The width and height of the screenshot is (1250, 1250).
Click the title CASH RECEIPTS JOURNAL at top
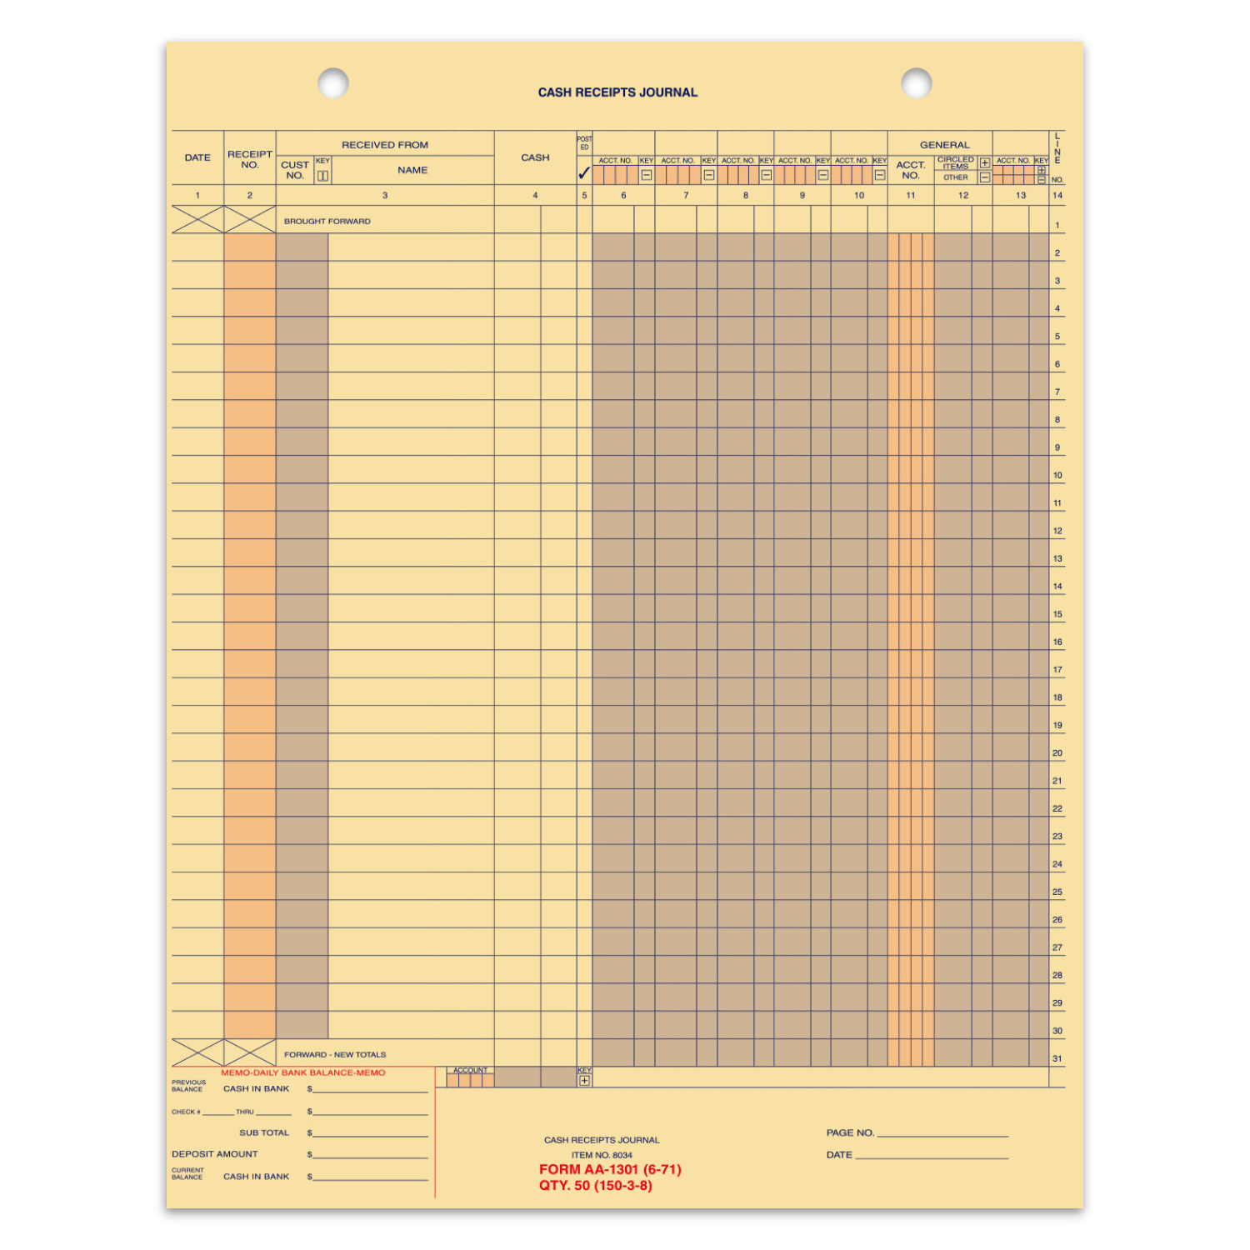click(x=617, y=92)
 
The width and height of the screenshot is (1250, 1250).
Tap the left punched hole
click(x=333, y=83)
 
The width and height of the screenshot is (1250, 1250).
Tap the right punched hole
click(x=916, y=83)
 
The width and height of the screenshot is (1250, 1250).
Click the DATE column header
click(x=197, y=157)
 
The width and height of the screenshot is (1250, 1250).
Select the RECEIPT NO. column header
click(x=249, y=159)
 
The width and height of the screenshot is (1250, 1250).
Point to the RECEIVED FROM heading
click(x=385, y=145)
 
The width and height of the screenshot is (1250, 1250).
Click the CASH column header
click(x=535, y=157)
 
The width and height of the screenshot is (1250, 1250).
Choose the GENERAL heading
click(x=944, y=145)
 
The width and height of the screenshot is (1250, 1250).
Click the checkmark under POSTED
click(x=584, y=174)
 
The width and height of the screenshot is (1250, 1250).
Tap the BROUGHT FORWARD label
click(x=327, y=222)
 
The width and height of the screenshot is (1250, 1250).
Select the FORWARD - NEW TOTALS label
click(x=335, y=1055)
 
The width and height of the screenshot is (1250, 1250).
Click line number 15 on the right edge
click(x=1057, y=614)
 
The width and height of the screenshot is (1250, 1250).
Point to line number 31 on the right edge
click(x=1057, y=1059)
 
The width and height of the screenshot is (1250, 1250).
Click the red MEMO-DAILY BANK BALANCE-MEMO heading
click(x=303, y=1073)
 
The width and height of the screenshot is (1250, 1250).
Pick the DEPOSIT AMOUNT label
click(x=215, y=1154)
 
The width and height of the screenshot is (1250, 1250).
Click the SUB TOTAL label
click(x=264, y=1133)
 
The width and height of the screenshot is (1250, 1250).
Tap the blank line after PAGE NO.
click(x=942, y=1134)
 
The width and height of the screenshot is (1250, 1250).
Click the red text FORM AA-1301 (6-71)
click(x=610, y=1170)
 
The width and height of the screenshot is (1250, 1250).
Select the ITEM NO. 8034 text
click(x=602, y=1155)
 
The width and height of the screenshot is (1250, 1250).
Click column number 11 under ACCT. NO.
click(x=911, y=196)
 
